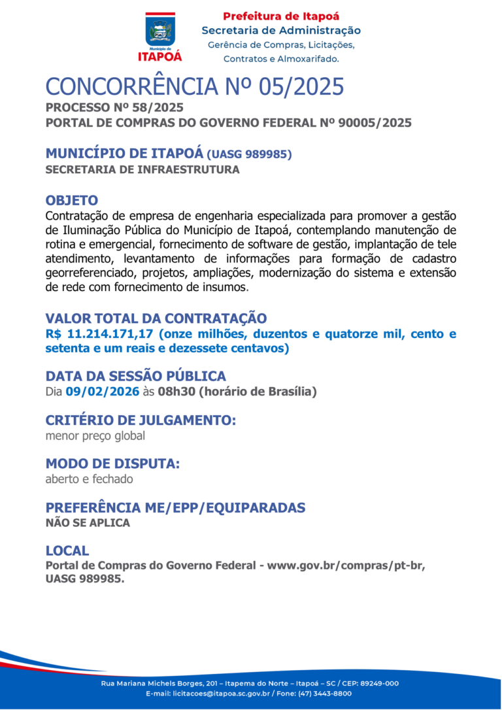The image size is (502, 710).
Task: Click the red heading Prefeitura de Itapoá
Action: [x=281, y=16]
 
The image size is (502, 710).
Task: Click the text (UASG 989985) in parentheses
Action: [x=249, y=155]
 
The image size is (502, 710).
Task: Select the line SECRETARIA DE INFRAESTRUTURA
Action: [x=142, y=170]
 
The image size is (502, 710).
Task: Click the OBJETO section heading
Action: [x=72, y=200]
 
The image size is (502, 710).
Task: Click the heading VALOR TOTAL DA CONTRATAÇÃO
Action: [x=156, y=318]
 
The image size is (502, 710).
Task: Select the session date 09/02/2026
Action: [x=103, y=392]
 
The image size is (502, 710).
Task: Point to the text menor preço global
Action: [x=95, y=435]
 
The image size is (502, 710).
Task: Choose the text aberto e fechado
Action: [x=89, y=479]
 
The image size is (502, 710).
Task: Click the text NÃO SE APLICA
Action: [x=88, y=523]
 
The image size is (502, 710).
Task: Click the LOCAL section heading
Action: [x=67, y=550]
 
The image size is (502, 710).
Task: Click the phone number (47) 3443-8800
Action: [x=324, y=694]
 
